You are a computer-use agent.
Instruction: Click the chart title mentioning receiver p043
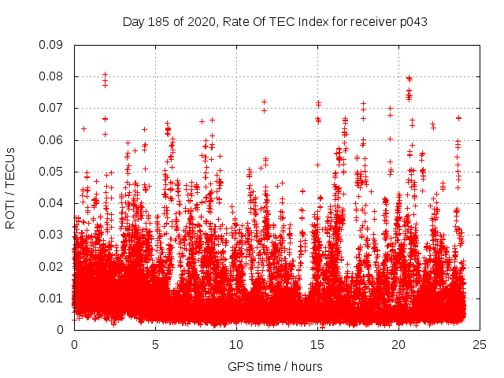click(275, 21)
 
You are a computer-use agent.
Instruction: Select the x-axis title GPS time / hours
click(275, 366)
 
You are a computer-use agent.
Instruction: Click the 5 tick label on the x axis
click(155, 344)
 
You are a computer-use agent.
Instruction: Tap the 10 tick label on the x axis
click(236, 344)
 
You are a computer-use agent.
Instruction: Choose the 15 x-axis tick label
click(317, 344)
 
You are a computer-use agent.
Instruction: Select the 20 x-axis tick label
click(398, 344)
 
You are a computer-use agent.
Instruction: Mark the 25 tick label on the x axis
click(480, 344)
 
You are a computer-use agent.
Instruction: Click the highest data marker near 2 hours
click(105, 74)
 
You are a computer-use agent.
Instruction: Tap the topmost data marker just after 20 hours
click(409, 78)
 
